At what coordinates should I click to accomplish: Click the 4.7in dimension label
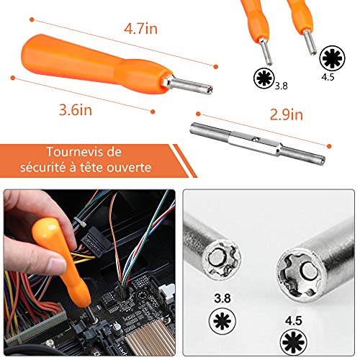140,29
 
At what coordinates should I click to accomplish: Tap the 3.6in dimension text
76,109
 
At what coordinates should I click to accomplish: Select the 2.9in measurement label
287,114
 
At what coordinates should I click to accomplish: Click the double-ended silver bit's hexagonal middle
254,143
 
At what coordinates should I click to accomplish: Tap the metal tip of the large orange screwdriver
189,85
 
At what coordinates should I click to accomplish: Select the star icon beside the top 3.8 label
264,78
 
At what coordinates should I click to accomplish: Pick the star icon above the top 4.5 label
332,58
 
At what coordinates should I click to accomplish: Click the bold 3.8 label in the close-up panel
222,298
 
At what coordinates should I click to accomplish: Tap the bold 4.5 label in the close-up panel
293,320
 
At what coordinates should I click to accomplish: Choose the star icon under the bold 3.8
222,321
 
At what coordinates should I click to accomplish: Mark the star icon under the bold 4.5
294,342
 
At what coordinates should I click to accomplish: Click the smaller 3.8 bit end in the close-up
221,261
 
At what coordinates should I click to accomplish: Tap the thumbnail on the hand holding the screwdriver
57,265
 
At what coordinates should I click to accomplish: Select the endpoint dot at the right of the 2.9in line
329,146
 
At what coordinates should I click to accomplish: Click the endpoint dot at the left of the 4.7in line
32,19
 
